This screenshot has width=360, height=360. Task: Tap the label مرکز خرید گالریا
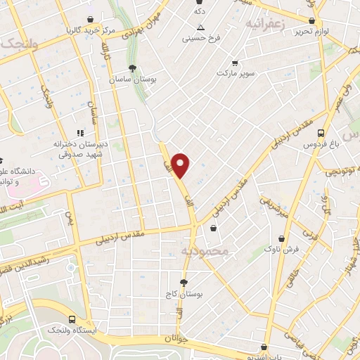(90, 30)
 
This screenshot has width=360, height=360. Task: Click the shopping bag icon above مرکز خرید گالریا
(90, 19)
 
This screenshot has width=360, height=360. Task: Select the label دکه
(200, 12)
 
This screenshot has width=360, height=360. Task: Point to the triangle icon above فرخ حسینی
(200, 27)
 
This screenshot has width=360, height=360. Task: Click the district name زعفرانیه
(264, 23)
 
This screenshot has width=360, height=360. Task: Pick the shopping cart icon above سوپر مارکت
(234, 62)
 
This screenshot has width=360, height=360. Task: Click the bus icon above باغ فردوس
(321, 132)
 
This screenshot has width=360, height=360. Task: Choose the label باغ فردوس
(321, 144)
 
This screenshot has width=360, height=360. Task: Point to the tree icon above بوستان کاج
(184, 283)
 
